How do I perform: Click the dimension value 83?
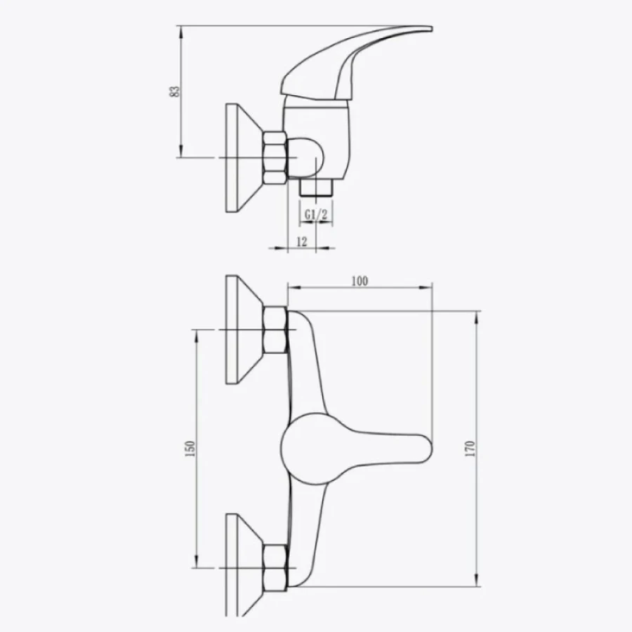click(174, 92)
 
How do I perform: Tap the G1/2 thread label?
click(315, 214)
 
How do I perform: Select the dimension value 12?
click(302, 241)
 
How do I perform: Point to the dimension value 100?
click(360, 281)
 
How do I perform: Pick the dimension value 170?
click(470, 449)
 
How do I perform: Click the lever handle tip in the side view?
click(430, 28)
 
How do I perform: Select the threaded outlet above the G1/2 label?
click(316, 188)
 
